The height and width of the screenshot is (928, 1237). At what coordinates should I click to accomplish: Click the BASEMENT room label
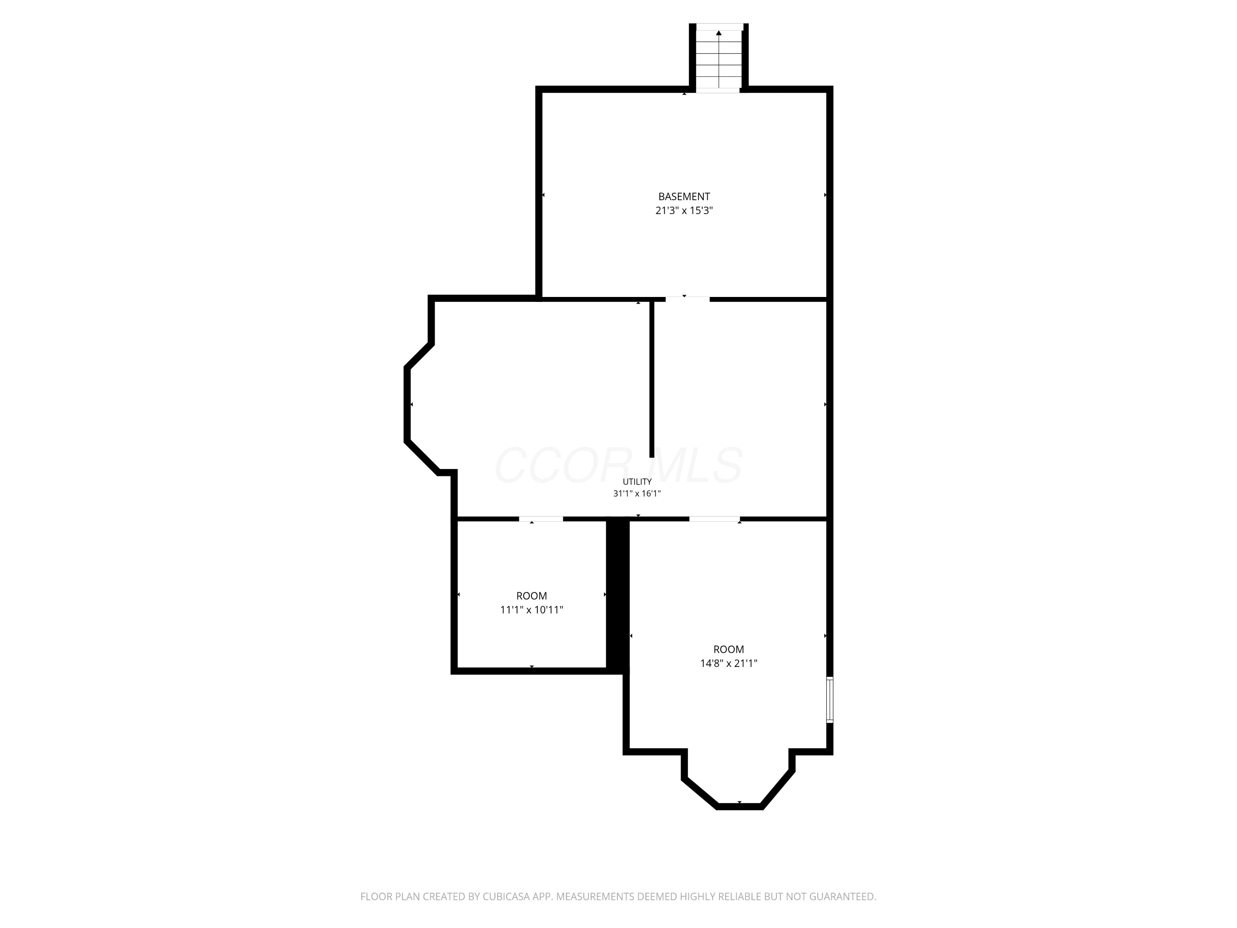684,196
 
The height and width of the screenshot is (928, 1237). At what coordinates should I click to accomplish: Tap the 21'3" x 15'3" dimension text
684,211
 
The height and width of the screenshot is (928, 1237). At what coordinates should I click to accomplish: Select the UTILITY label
637,482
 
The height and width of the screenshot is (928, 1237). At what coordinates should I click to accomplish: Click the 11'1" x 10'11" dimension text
531,610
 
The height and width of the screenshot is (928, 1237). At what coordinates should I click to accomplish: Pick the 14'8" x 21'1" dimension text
729,663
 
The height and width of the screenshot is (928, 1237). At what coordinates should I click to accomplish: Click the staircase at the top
719,58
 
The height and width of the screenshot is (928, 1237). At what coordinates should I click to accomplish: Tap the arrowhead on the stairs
719,33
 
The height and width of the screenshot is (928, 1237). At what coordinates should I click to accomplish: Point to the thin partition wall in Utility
651,379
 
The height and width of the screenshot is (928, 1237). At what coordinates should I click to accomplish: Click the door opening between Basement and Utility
687,299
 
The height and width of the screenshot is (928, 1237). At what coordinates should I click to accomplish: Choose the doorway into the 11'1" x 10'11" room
541,519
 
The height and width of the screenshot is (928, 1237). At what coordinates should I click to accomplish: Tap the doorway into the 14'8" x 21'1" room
714,519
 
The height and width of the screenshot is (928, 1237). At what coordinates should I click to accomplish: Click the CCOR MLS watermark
618,465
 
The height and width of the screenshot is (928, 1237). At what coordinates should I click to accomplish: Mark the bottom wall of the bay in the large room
739,807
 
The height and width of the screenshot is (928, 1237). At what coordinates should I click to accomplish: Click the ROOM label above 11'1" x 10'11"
531,596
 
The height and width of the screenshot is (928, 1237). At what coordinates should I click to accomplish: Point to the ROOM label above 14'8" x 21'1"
729,650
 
